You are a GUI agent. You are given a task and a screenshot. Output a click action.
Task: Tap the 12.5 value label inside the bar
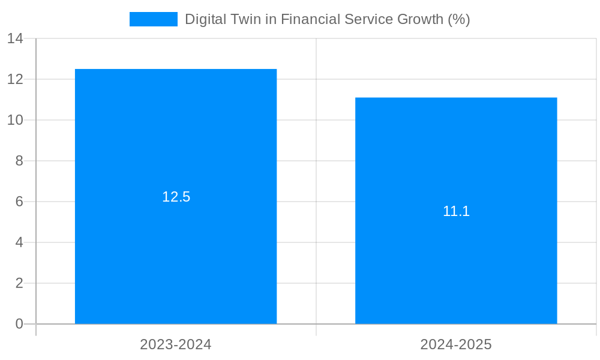point(176,197)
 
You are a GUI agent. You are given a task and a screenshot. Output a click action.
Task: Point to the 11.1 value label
point(456,211)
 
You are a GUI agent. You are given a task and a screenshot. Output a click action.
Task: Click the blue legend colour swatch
point(154,19)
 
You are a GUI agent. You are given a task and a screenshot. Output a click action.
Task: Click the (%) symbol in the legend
point(459,19)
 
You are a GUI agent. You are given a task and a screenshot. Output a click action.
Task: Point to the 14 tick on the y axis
point(15,38)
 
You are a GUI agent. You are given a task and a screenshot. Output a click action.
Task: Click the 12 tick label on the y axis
point(15,79)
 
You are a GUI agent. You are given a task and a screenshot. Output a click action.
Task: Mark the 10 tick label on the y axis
point(15,120)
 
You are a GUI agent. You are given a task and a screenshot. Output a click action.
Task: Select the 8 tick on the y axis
point(19,161)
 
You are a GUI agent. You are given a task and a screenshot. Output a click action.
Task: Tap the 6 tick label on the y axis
point(19,202)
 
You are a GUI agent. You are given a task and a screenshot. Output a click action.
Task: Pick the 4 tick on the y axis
point(19,242)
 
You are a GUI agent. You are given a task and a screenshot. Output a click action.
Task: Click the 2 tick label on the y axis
point(19,283)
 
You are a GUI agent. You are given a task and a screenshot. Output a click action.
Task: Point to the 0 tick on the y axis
point(19,324)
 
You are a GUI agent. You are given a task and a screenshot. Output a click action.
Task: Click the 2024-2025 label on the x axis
point(456,344)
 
